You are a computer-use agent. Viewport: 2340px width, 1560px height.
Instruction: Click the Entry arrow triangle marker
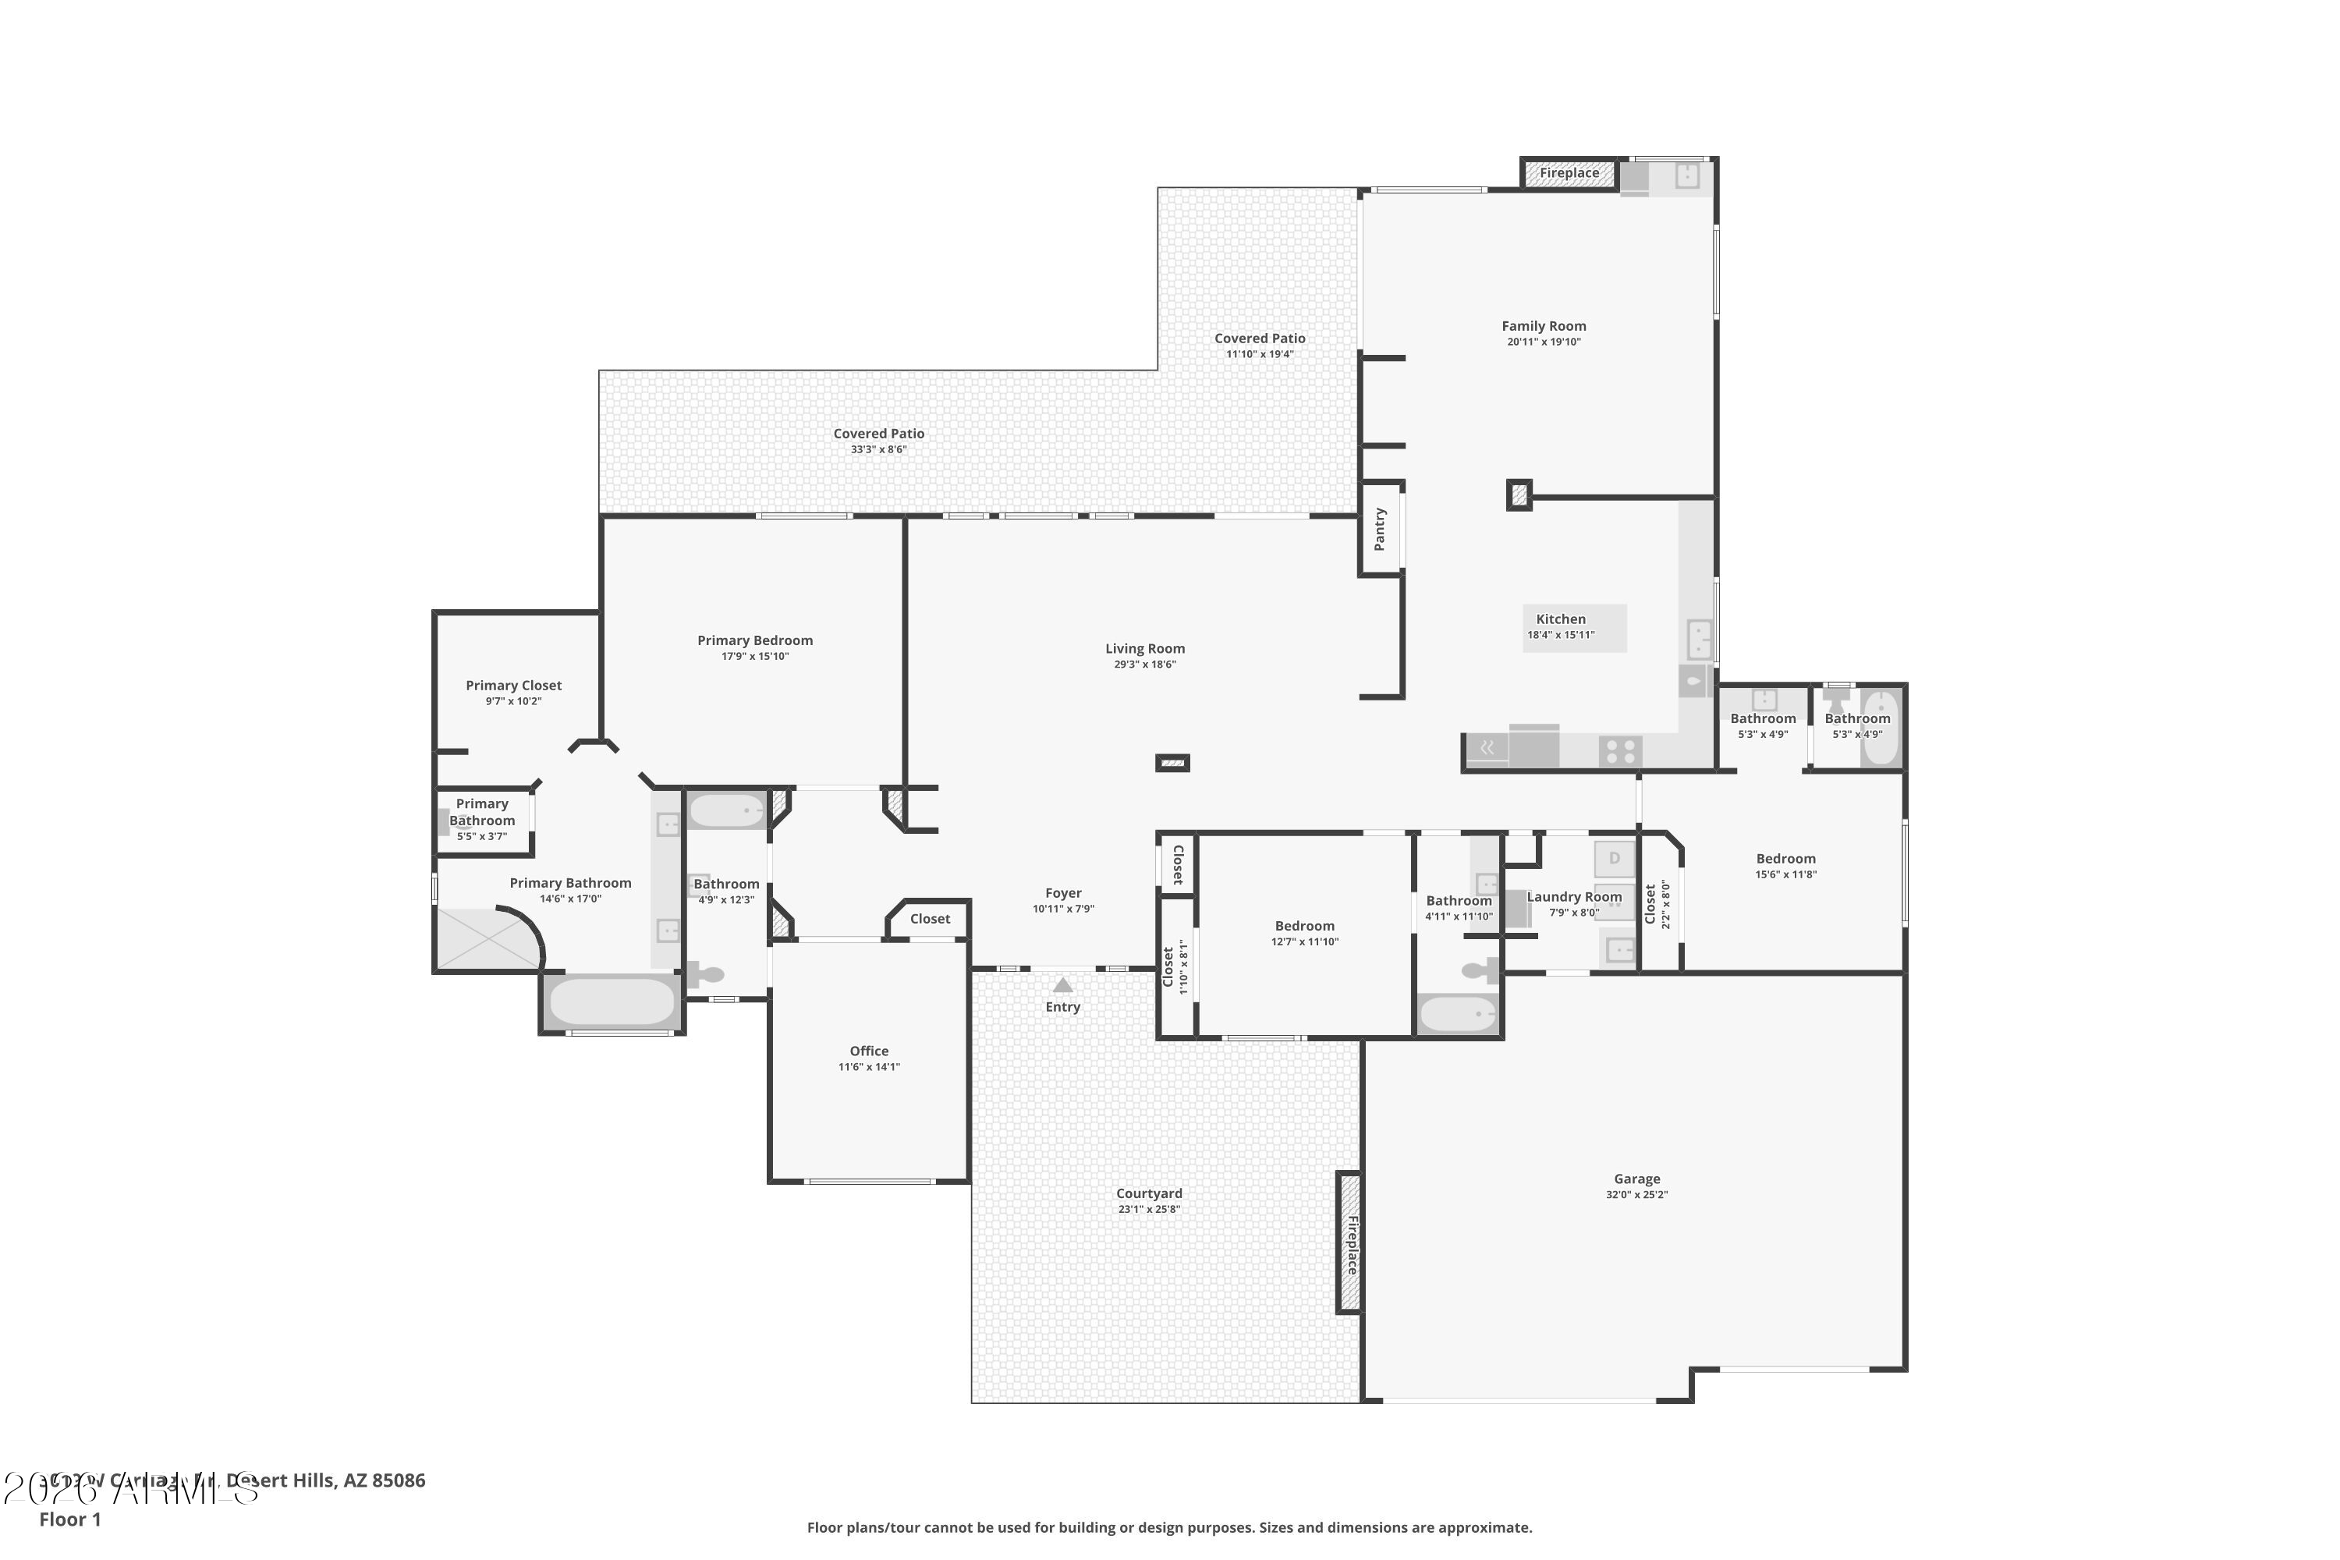pos(1062,985)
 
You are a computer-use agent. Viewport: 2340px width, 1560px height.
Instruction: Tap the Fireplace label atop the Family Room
pos(1569,173)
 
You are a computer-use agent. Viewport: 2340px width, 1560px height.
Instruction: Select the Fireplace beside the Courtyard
pos(1349,1243)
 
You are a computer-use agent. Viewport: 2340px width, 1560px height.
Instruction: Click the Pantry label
pos(1380,530)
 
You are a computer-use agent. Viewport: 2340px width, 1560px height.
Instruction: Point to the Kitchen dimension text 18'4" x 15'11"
pos(1561,635)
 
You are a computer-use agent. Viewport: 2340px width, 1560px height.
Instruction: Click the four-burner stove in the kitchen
pos(1621,751)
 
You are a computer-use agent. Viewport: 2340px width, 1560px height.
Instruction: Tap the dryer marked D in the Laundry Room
pos(1614,857)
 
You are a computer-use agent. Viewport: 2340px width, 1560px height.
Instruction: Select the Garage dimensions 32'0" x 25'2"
pos(1636,1195)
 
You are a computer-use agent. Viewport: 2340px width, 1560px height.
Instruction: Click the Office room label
pos(869,1051)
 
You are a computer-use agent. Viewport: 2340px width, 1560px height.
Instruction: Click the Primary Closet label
pos(513,686)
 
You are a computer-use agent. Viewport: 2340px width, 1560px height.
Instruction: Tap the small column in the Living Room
pos(1172,763)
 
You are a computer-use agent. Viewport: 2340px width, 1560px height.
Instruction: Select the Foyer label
pos(1062,893)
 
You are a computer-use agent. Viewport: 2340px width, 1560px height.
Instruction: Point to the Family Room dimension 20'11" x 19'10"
pos(1543,342)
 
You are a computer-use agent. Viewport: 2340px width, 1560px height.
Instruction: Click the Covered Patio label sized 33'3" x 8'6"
pos(878,434)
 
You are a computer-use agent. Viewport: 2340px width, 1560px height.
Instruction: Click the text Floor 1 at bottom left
pos(69,1519)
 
